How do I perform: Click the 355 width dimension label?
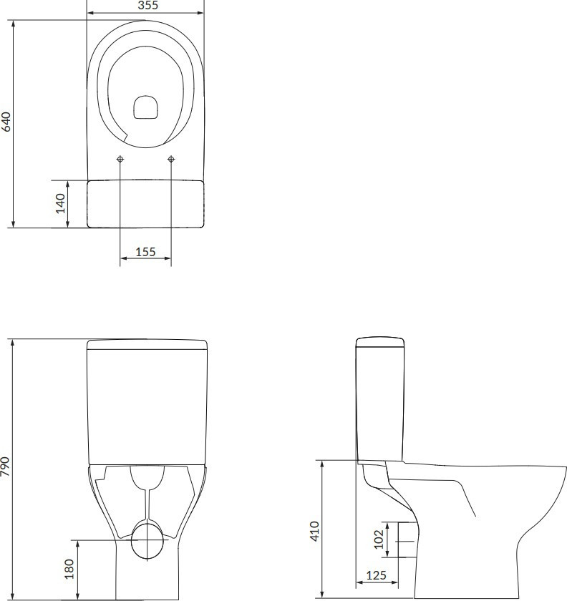147,5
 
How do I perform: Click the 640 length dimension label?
6,122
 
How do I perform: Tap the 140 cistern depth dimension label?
61,203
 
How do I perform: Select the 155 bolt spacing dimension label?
145,252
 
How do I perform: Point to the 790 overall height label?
6,466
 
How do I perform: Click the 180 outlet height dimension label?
69,569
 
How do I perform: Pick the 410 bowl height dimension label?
314,531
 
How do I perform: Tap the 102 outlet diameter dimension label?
379,539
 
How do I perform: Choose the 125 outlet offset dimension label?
376,575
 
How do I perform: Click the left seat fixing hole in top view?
120,159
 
